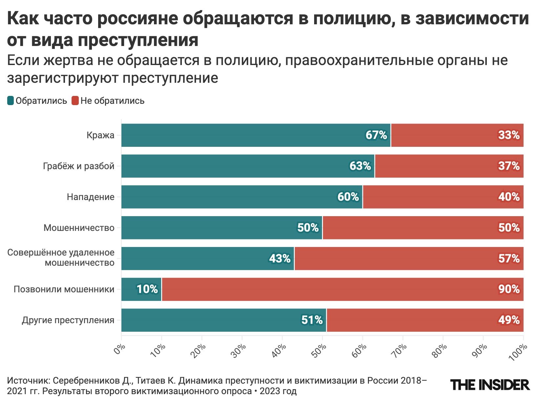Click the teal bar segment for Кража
coord(243,135)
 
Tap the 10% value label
coord(147,289)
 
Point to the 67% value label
coord(376,135)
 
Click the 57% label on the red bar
coord(509,259)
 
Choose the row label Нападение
coord(91,197)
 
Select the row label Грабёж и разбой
coord(79,166)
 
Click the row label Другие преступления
coord(68,320)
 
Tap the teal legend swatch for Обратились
coord(11,101)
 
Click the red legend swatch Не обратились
coord(75,101)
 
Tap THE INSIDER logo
coord(490,385)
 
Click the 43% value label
coord(280,259)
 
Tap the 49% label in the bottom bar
coord(509,320)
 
